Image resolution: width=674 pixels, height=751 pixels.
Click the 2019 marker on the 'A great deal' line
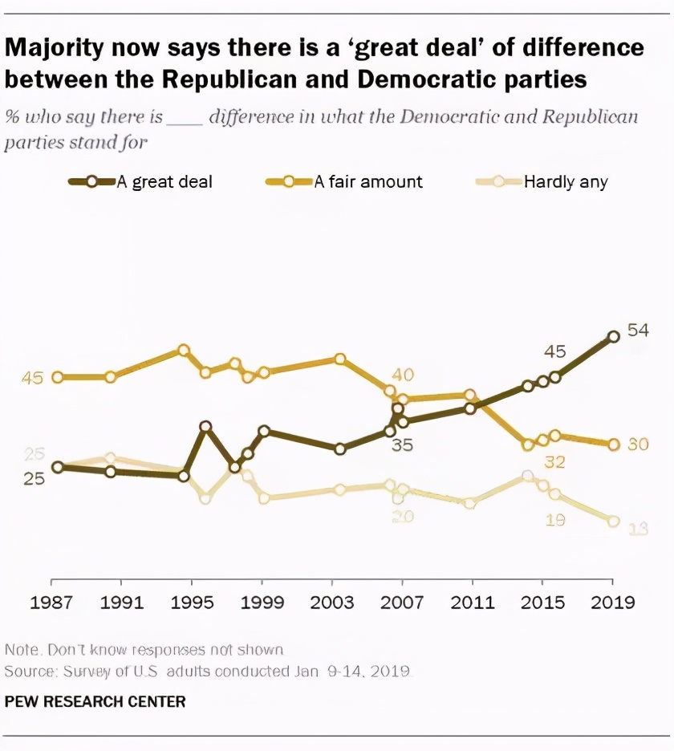pyautogui.click(x=613, y=337)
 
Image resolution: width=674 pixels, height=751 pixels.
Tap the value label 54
pyautogui.click(x=638, y=331)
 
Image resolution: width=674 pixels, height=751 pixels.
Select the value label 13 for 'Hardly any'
pyautogui.click(x=638, y=528)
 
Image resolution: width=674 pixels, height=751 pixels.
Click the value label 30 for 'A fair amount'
pyautogui.click(x=638, y=445)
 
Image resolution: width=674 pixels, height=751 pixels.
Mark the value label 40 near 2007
pyautogui.click(x=402, y=374)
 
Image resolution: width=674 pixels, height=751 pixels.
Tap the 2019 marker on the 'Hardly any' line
pyautogui.click(x=613, y=521)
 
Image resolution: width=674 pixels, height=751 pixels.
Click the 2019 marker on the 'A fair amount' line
pyautogui.click(x=613, y=445)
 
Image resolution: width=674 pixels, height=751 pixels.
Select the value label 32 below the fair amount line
pyautogui.click(x=554, y=461)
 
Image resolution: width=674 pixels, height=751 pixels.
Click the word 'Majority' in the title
pyautogui.click(x=55, y=48)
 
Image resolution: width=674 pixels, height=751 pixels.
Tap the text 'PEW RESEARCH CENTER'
pyautogui.click(x=95, y=702)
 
